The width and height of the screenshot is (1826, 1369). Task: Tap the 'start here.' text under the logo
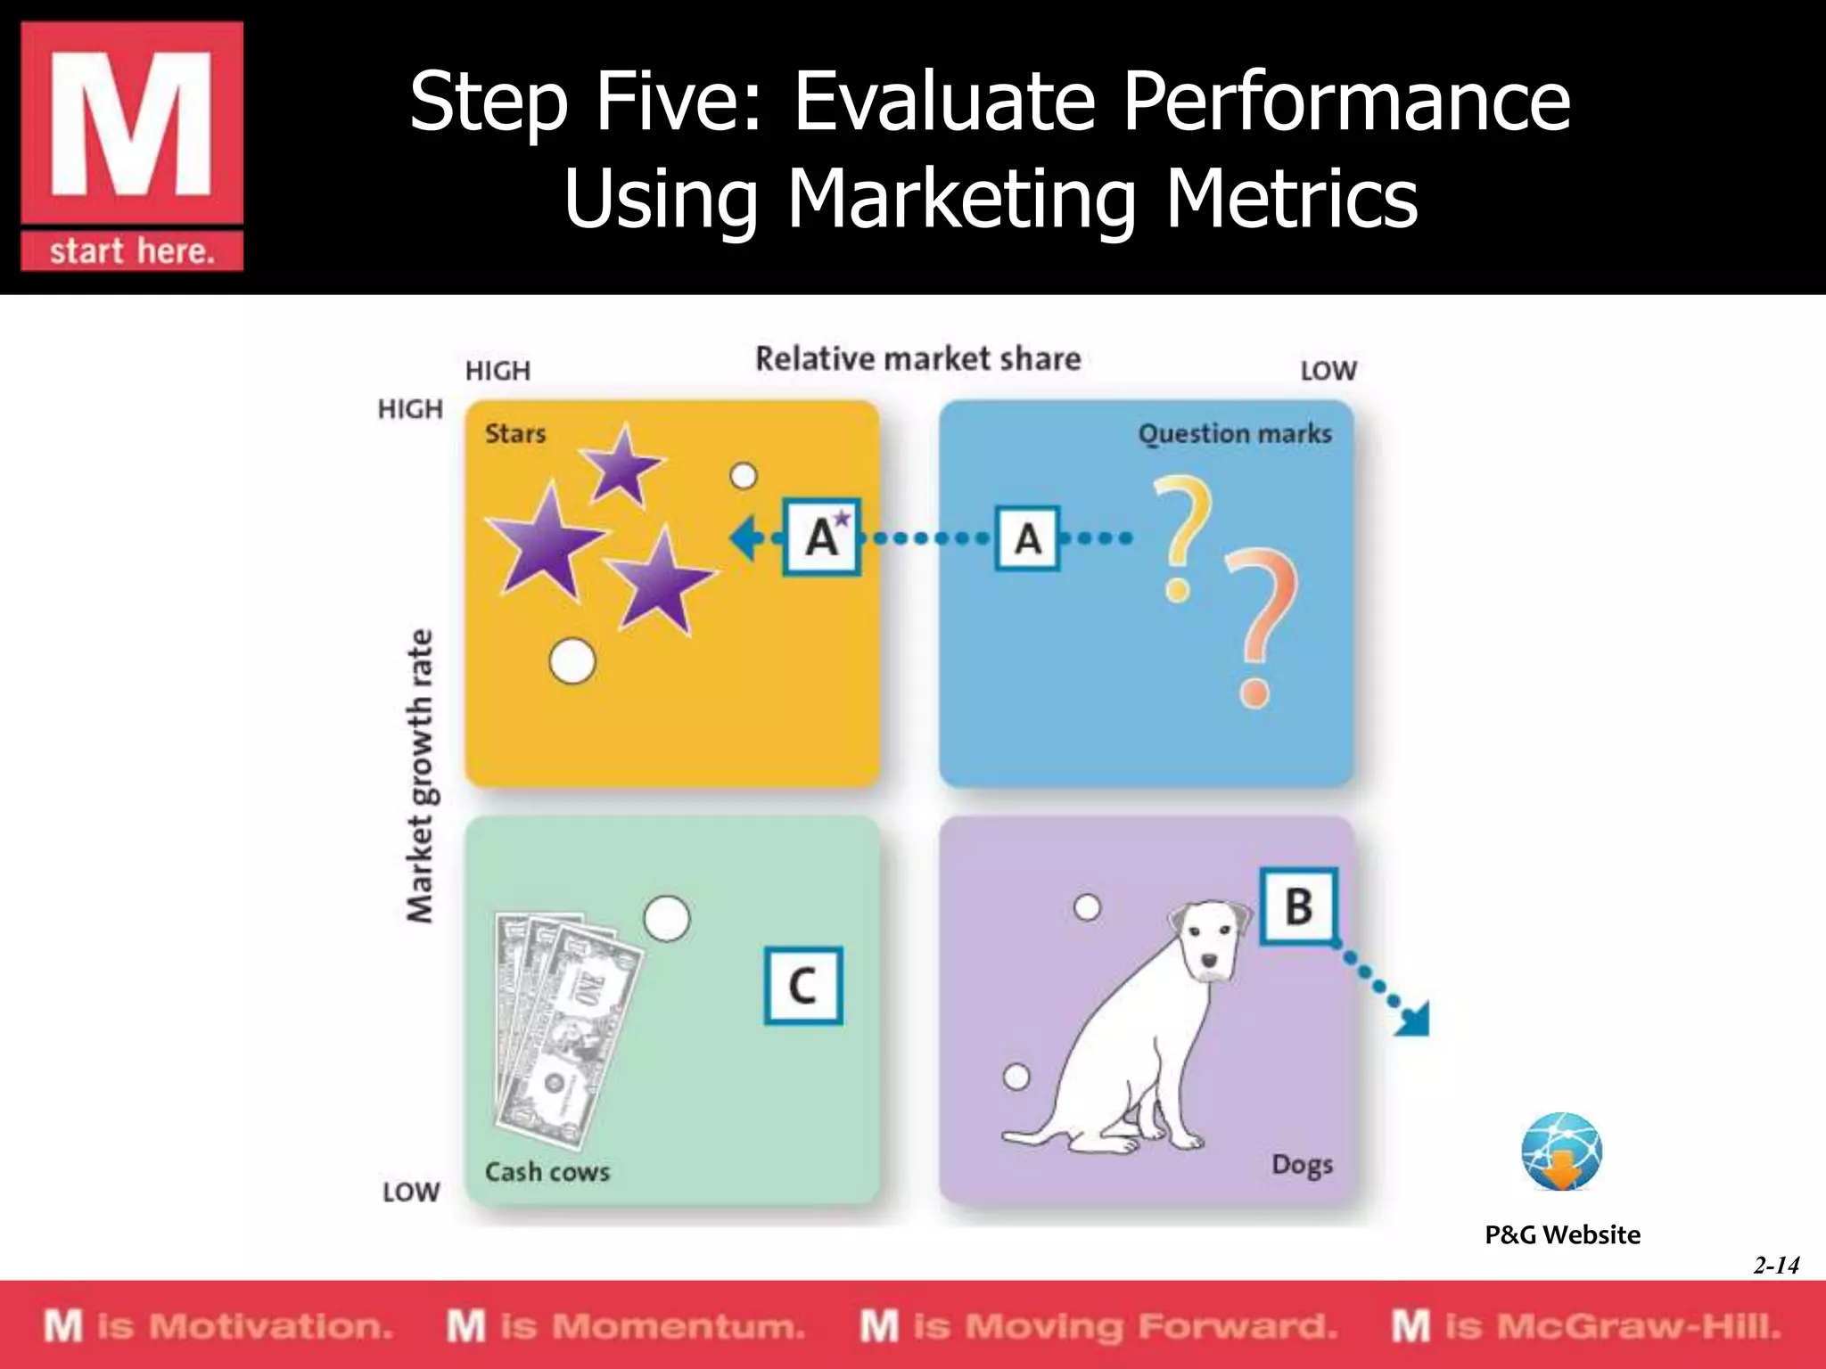pyautogui.click(x=132, y=251)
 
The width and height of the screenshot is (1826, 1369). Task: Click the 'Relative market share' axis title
pyautogui.click(x=918, y=359)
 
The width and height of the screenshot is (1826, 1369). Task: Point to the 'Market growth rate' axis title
pyautogui.click(x=419, y=775)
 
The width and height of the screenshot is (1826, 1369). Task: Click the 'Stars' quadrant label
pyautogui.click(x=515, y=434)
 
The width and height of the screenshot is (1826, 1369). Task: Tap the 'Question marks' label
pyautogui.click(x=1235, y=434)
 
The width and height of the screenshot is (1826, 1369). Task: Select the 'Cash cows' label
pyautogui.click(x=547, y=1171)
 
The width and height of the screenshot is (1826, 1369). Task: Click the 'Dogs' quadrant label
pyautogui.click(x=1302, y=1165)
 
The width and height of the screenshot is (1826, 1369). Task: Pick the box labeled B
pyautogui.click(x=1299, y=906)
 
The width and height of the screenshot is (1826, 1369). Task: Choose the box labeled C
pyautogui.click(x=803, y=986)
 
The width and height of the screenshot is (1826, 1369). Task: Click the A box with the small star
pyautogui.click(x=822, y=537)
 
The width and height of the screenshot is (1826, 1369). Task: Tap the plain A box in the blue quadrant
pyautogui.click(x=1027, y=538)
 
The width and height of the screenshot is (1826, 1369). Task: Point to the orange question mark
pyautogui.click(x=1259, y=624)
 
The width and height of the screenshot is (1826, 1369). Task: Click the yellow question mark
pyautogui.click(x=1182, y=535)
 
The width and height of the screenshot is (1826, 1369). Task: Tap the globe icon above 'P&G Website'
pyautogui.click(x=1561, y=1152)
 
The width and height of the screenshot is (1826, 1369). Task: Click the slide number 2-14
pyautogui.click(x=1776, y=1265)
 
